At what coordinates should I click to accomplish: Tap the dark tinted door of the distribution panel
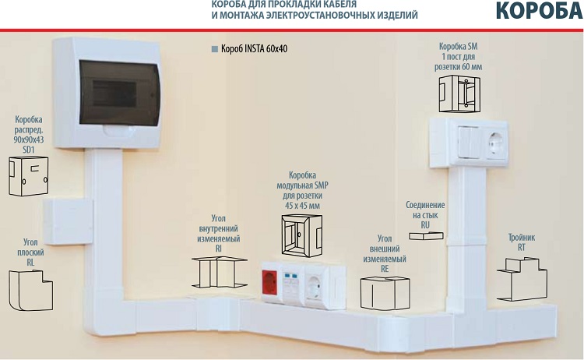click(x=119, y=94)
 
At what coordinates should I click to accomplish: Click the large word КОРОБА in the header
click(x=540, y=10)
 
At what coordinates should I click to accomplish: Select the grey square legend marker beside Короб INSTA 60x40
click(x=215, y=49)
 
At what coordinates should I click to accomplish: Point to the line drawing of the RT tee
click(x=522, y=279)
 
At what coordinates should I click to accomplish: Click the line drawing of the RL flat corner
click(x=30, y=291)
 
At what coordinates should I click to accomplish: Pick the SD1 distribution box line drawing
click(x=29, y=176)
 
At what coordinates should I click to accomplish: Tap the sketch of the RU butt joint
click(x=426, y=235)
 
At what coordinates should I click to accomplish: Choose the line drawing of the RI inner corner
click(x=219, y=272)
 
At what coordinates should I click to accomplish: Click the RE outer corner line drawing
click(x=385, y=293)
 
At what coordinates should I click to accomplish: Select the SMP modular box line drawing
click(x=301, y=235)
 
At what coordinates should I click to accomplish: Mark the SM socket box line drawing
click(x=459, y=94)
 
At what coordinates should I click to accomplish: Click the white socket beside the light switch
click(x=496, y=143)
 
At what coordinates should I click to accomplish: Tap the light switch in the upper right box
click(x=469, y=142)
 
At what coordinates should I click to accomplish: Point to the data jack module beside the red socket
click(x=292, y=284)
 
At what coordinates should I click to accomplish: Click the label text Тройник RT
click(x=522, y=242)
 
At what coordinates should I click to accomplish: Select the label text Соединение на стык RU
click(x=425, y=215)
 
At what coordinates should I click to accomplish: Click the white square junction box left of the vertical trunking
click(x=68, y=222)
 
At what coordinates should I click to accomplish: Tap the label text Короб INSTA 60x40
click(x=255, y=49)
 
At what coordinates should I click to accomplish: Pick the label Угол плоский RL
click(x=30, y=252)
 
